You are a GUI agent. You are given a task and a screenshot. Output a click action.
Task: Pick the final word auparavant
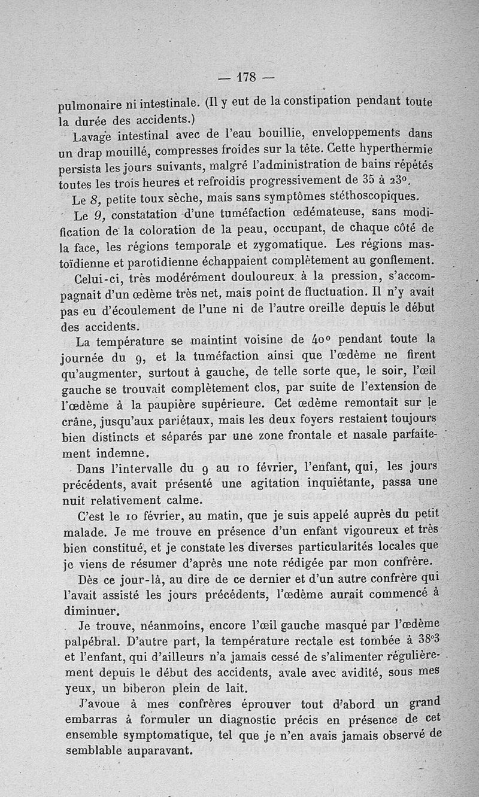click(x=155, y=750)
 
